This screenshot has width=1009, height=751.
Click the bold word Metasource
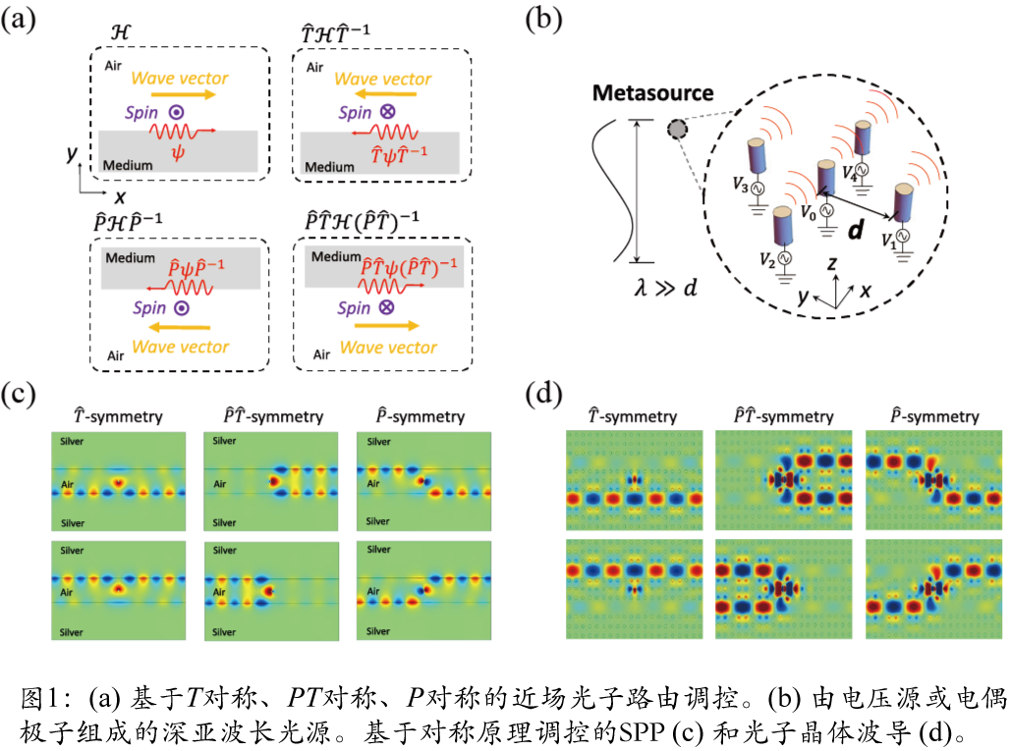(652, 93)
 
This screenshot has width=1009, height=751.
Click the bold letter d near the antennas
(856, 231)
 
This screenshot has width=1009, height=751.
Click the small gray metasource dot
(676, 129)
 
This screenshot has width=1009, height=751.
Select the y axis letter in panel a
(71, 153)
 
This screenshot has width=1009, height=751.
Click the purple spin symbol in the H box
(175, 113)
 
